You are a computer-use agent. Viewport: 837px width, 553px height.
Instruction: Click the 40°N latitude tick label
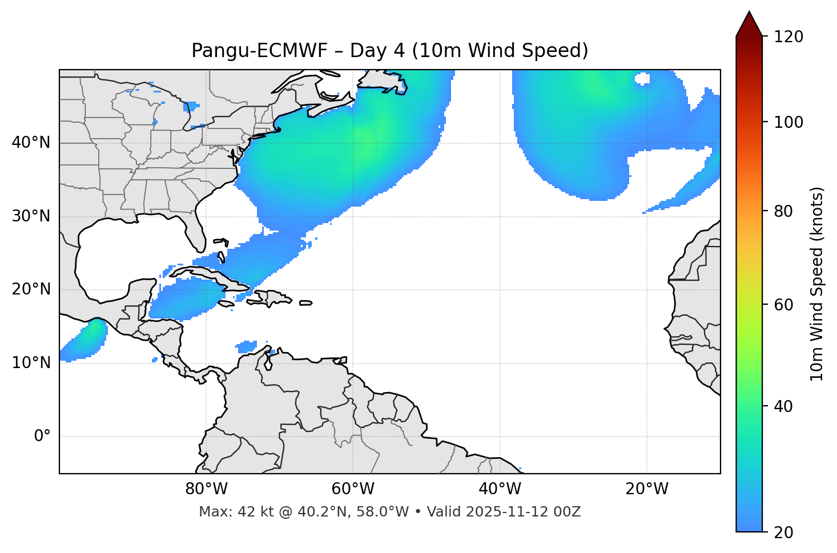(x=31, y=143)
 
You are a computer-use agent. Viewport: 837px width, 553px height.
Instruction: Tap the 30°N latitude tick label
(x=31, y=216)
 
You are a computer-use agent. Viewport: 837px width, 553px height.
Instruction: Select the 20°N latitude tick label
(x=31, y=289)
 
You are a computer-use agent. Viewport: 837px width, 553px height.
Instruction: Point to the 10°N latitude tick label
(x=31, y=363)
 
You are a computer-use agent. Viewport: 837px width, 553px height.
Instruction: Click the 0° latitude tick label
(x=42, y=437)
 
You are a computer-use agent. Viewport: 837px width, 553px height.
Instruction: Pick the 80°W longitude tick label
(x=206, y=489)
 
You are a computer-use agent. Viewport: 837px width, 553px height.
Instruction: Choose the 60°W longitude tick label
(x=353, y=489)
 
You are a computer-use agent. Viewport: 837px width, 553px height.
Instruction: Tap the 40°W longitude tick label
(x=500, y=489)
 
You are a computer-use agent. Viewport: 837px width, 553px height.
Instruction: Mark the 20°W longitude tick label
(x=646, y=489)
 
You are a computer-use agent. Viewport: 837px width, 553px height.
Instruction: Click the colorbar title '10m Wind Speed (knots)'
(x=817, y=284)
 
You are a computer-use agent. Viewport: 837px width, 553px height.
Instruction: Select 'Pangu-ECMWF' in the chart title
(x=259, y=51)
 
